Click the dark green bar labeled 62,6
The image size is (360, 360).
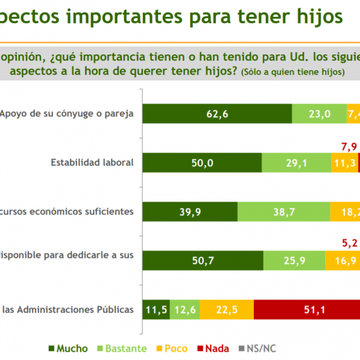217,114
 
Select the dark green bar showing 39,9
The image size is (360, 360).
190,212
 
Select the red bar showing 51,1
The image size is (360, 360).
306,310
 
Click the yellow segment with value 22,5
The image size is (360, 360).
227,310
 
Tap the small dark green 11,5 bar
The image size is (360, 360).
157,310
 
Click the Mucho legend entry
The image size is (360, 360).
67,349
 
